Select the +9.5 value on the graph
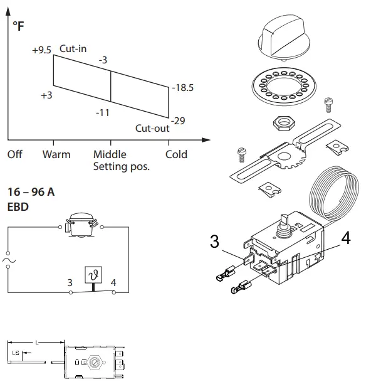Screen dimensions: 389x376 (41, 50)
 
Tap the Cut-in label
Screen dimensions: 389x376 (73, 48)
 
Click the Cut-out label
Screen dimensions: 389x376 (152, 129)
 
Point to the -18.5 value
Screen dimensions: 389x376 (182, 88)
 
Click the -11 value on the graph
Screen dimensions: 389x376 (103, 113)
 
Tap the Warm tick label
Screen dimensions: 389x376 (56, 154)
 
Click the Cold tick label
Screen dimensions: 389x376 (176, 154)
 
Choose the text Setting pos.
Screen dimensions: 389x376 (122, 168)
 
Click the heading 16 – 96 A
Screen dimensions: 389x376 (30, 192)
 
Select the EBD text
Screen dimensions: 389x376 (18, 205)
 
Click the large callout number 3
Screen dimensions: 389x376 (215, 242)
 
